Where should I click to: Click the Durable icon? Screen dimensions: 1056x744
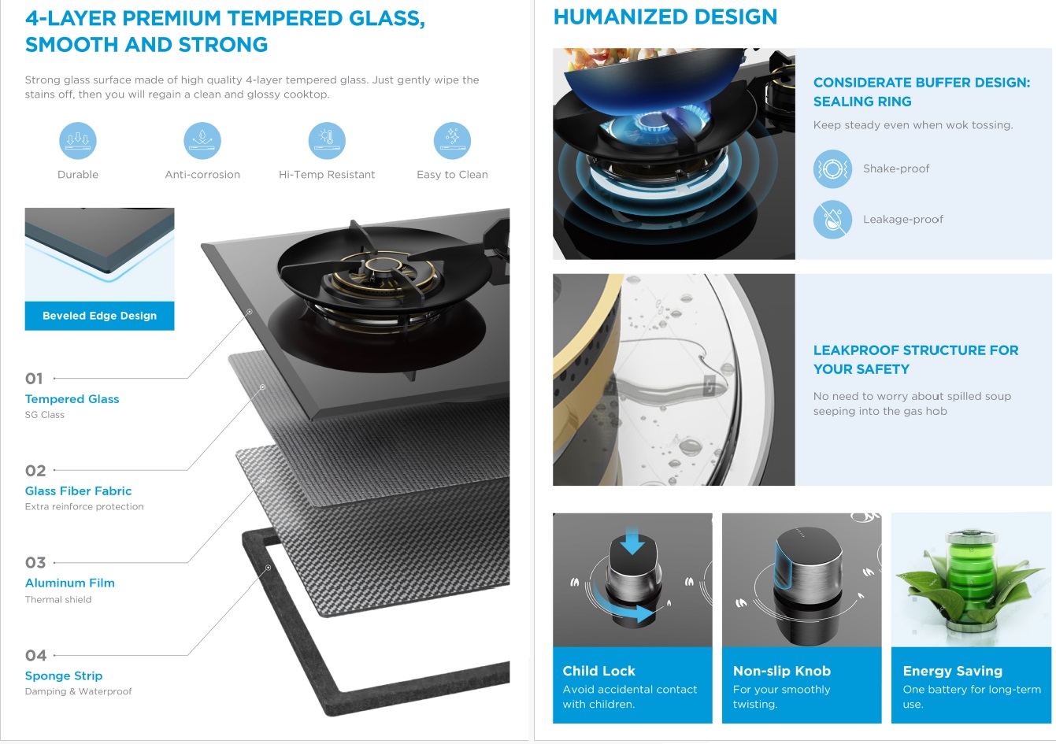click(x=78, y=140)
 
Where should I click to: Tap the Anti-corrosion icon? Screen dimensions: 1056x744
click(x=202, y=140)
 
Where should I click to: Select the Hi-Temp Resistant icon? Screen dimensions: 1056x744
click(x=327, y=140)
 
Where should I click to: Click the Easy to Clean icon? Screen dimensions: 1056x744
click(x=452, y=140)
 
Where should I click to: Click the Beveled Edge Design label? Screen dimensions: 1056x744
click(x=99, y=316)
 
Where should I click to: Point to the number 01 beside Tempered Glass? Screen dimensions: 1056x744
click(x=34, y=379)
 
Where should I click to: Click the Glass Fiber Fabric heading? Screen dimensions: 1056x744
click(x=78, y=491)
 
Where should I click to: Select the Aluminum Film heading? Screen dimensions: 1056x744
click(x=70, y=583)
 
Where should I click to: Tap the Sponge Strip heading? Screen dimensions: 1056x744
click(x=64, y=676)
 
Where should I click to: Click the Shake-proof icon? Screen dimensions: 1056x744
click(x=832, y=168)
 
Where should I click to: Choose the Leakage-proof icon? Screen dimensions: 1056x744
click(x=832, y=220)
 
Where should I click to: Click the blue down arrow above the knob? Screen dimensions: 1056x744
click(x=632, y=541)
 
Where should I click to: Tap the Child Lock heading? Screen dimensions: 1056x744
click(x=598, y=671)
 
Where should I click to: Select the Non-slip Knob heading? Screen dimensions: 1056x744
click(x=782, y=671)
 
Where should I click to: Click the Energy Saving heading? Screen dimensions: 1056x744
click(x=952, y=671)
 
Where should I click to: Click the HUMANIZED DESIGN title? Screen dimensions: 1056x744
click(x=665, y=17)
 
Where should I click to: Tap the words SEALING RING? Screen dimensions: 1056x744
click(x=862, y=102)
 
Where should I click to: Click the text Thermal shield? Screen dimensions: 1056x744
click(x=58, y=599)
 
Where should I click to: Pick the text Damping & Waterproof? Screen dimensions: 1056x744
click(x=78, y=691)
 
